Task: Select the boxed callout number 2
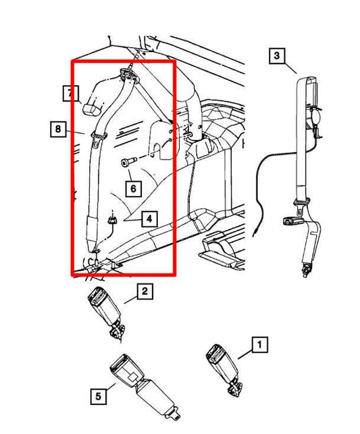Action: click(143, 292)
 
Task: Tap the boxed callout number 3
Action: click(276, 57)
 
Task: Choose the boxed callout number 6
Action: click(133, 188)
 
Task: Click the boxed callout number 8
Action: click(59, 127)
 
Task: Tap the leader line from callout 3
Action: click(289, 67)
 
